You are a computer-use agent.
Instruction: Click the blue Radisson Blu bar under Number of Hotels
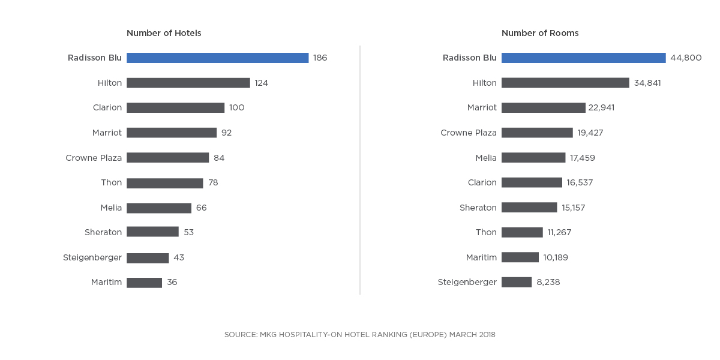[217, 58]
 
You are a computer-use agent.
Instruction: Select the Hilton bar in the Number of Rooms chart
[565, 83]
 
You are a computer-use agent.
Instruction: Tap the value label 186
[320, 58]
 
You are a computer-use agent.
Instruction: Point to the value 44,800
[686, 58]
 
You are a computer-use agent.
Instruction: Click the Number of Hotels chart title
[164, 33]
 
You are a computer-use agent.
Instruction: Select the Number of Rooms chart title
[540, 33]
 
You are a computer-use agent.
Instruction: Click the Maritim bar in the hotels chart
[144, 283]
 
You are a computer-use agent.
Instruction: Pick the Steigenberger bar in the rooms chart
[517, 282]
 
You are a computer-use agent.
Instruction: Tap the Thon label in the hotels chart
[111, 182]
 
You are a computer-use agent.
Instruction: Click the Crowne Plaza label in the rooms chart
[469, 133]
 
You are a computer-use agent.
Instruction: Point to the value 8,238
[548, 282]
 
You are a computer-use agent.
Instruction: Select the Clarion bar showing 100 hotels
[175, 108]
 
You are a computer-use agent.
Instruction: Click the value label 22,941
[602, 108]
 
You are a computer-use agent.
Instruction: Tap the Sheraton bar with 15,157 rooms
[529, 208]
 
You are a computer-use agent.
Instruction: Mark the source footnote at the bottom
[360, 334]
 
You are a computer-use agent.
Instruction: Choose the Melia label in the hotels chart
[111, 208]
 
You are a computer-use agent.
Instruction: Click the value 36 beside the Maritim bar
[172, 283]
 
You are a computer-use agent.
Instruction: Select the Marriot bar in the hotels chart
[172, 133]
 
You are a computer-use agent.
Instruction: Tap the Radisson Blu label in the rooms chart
[470, 58]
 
